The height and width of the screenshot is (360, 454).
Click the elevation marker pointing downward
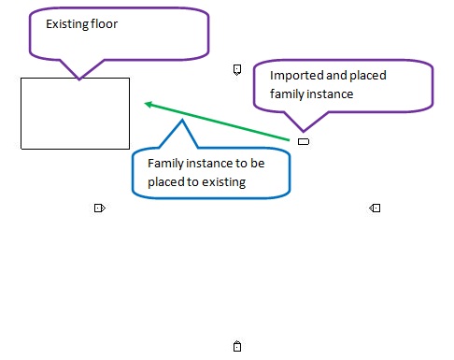coord(237,69)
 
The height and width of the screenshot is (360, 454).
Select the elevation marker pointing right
coord(99,208)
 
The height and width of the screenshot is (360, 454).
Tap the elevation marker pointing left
coord(375,208)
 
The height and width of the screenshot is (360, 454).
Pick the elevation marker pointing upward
coord(237,347)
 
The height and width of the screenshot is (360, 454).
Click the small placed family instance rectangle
coord(303,141)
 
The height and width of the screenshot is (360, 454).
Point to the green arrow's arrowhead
coord(148,103)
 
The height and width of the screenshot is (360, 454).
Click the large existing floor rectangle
coord(75,113)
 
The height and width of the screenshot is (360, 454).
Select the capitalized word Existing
coord(68,23)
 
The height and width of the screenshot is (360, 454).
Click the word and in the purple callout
coord(333,76)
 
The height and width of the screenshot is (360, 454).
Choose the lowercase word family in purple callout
coord(287,94)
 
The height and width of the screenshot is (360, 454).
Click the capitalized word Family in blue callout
coord(164,163)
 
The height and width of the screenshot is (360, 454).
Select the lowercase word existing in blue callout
coord(223,181)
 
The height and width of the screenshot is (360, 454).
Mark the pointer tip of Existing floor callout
coord(79,79)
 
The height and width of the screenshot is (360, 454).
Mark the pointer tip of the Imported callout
coord(303,131)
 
